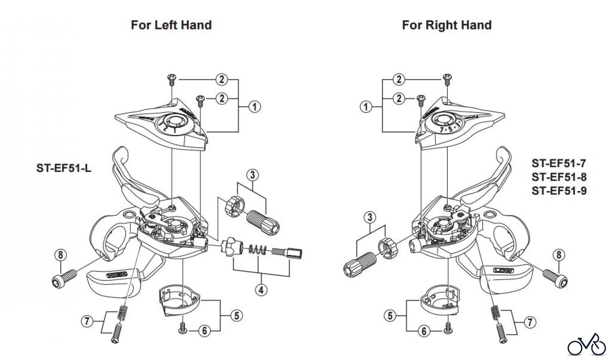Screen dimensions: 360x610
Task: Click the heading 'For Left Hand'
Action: click(171, 25)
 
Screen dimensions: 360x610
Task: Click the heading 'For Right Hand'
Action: click(447, 25)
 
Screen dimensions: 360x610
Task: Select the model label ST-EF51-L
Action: click(64, 168)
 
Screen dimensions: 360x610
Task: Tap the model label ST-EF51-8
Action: click(559, 177)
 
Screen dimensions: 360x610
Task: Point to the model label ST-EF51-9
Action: click(559, 191)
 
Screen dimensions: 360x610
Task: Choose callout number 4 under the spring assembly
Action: click(261, 290)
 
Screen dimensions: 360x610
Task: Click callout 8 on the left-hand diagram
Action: click(60, 255)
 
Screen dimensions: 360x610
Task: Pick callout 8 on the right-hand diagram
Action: click(559, 255)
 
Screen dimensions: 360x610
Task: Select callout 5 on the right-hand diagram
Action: click(390, 316)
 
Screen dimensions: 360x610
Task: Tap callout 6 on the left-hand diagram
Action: click(204, 331)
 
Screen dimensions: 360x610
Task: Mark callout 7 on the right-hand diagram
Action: click(530, 322)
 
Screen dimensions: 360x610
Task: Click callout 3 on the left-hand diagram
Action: click(252, 175)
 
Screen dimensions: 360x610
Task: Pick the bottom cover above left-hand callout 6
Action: click(180, 298)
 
